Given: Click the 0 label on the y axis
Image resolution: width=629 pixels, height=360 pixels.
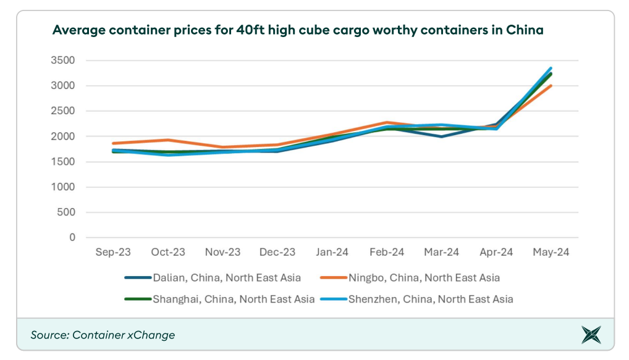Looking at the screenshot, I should tap(72, 238).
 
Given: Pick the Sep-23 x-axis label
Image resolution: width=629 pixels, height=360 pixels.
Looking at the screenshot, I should tap(113, 253).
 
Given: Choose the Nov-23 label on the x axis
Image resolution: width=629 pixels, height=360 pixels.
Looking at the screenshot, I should tap(222, 253).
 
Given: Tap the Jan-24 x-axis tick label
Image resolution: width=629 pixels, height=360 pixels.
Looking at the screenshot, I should tap(332, 253).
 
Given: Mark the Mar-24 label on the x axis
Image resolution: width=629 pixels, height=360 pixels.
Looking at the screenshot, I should tap(441, 253).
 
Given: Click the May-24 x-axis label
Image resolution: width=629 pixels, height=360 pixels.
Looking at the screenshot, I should tap(551, 253).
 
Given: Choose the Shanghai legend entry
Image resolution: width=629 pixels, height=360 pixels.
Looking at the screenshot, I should tap(219, 299).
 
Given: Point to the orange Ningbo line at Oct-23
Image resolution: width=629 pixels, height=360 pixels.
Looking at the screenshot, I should tap(168, 140).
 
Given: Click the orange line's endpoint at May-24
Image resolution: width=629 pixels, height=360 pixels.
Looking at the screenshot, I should tap(551, 86).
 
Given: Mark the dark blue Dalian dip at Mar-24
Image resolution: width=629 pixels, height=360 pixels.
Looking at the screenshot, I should tap(441, 136).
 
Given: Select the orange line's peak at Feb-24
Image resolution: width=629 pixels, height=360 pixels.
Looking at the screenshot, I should tap(387, 122).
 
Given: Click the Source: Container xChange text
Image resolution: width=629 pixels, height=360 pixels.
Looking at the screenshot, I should tap(103, 335).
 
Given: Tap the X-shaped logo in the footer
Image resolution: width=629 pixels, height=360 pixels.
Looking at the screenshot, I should tap(591, 335).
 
